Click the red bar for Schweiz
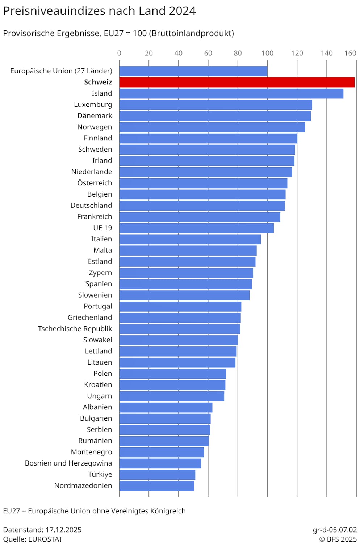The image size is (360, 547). [x=237, y=82]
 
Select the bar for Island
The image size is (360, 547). [x=231, y=93]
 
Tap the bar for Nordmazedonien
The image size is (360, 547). [x=156, y=486]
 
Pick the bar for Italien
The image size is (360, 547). [x=190, y=239]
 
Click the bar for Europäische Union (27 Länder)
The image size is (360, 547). [x=193, y=71]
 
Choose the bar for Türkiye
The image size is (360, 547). [x=157, y=475]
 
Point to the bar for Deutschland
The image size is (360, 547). [x=202, y=206]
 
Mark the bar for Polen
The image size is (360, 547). [x=172, y=374]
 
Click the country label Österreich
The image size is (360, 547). [x=95, y=183]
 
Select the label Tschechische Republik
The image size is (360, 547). [x=75, y=329]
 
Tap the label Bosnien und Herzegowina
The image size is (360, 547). [x=68, y=463]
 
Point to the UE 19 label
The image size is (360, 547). [x=102, y=228]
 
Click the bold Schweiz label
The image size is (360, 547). [x=98, y=82]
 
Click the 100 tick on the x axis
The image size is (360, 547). [x=267, y=53]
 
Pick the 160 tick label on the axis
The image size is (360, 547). [x=350, y=53]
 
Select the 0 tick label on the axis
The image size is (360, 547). [x=119, y=53]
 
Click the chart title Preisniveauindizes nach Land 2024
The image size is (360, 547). [x=99, y=11]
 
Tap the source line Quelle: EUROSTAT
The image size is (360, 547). [x=33, y=539]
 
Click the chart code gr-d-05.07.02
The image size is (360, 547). [x=335, y=530]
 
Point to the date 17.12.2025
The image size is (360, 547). [x=63, y=530]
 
